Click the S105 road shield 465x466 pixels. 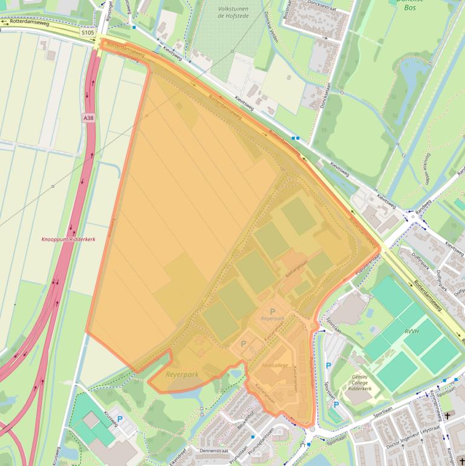tap(87, 32)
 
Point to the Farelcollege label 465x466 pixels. tap(275, 366)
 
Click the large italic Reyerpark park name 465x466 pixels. tap(181, 375)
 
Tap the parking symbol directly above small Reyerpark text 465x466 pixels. tap(264, 311)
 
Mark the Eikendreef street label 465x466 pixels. tap(175, 454)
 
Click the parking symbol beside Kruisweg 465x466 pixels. tap(119, 418)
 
